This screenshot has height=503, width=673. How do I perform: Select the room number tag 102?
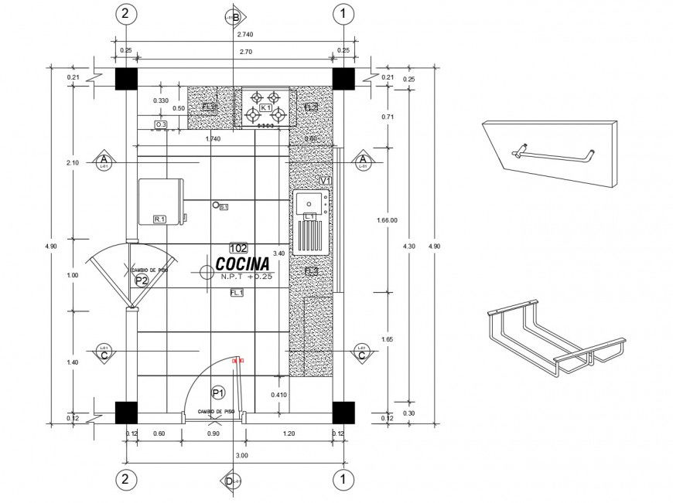[238, 248]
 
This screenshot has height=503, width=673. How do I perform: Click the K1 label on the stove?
[265, 107]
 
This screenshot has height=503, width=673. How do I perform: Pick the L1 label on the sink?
[309, 217]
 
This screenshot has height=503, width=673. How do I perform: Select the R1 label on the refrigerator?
[160, 219]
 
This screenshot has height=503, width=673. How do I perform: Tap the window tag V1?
[325, 180]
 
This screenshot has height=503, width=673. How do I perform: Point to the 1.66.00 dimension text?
[387, 220]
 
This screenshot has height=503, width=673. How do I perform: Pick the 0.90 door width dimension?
[214, 433]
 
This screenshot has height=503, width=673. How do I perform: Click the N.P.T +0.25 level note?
[247, 277]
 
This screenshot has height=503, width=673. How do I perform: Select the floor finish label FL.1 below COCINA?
[237, 293]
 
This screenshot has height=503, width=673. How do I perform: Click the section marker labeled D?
[230, 481]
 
